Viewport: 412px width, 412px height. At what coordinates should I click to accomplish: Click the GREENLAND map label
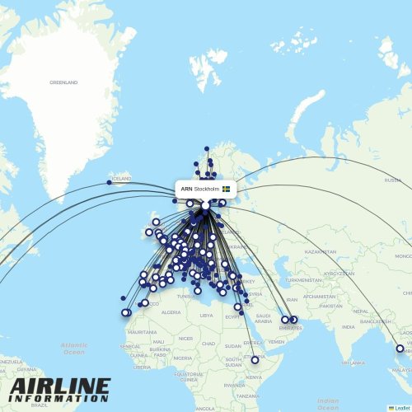[63, 82]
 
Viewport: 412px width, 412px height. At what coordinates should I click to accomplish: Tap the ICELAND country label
[122, 178]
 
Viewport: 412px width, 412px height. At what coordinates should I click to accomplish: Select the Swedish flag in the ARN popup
[226, 190]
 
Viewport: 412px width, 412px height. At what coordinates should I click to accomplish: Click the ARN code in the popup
[187, 190]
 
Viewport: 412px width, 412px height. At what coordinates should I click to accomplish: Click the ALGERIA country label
[170, 313]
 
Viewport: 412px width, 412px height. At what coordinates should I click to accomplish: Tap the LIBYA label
[207, 316]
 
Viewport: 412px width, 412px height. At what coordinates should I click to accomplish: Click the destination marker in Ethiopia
[255, 360]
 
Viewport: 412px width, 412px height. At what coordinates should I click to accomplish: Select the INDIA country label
[349, 326]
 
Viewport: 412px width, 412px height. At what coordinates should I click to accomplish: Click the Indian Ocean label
[328, 403]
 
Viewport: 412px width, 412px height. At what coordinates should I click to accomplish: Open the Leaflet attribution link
[401, 407]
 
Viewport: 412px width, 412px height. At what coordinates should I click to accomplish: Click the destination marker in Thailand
[402, 349]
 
